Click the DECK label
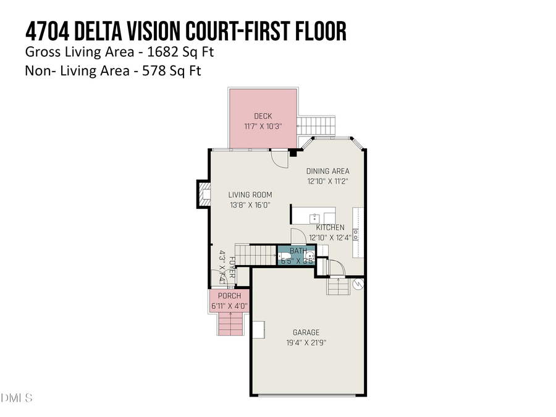coord(263,116)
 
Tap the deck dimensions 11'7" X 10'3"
coord(263,126)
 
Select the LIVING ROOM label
coord(250,195)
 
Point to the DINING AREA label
coord(328,171)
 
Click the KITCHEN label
coord(330,227)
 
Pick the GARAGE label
coord(306,332)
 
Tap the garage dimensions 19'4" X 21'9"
coord(306,343)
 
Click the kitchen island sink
coord(314,217)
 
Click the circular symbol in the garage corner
coord(358,284)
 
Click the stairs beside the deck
coord(317,126)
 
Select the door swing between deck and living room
coord(280,159)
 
